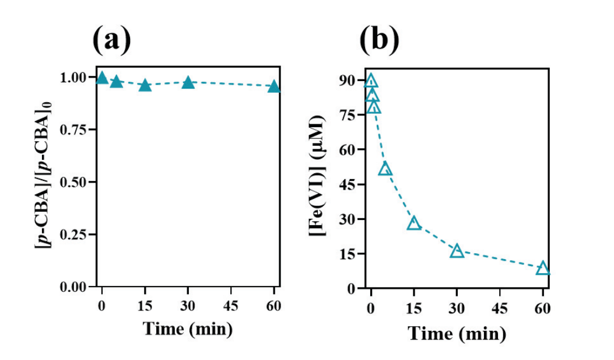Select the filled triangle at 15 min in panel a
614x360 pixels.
[145, 86]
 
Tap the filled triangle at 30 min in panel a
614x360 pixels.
[188, 83]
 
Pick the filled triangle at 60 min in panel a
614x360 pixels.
[274, 87]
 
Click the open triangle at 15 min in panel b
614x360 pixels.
[414, 223]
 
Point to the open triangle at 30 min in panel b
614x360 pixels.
[457, 251]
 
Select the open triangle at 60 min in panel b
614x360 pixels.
[543, 268]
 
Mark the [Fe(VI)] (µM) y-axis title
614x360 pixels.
[319, 184]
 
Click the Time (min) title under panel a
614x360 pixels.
[188, 329]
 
